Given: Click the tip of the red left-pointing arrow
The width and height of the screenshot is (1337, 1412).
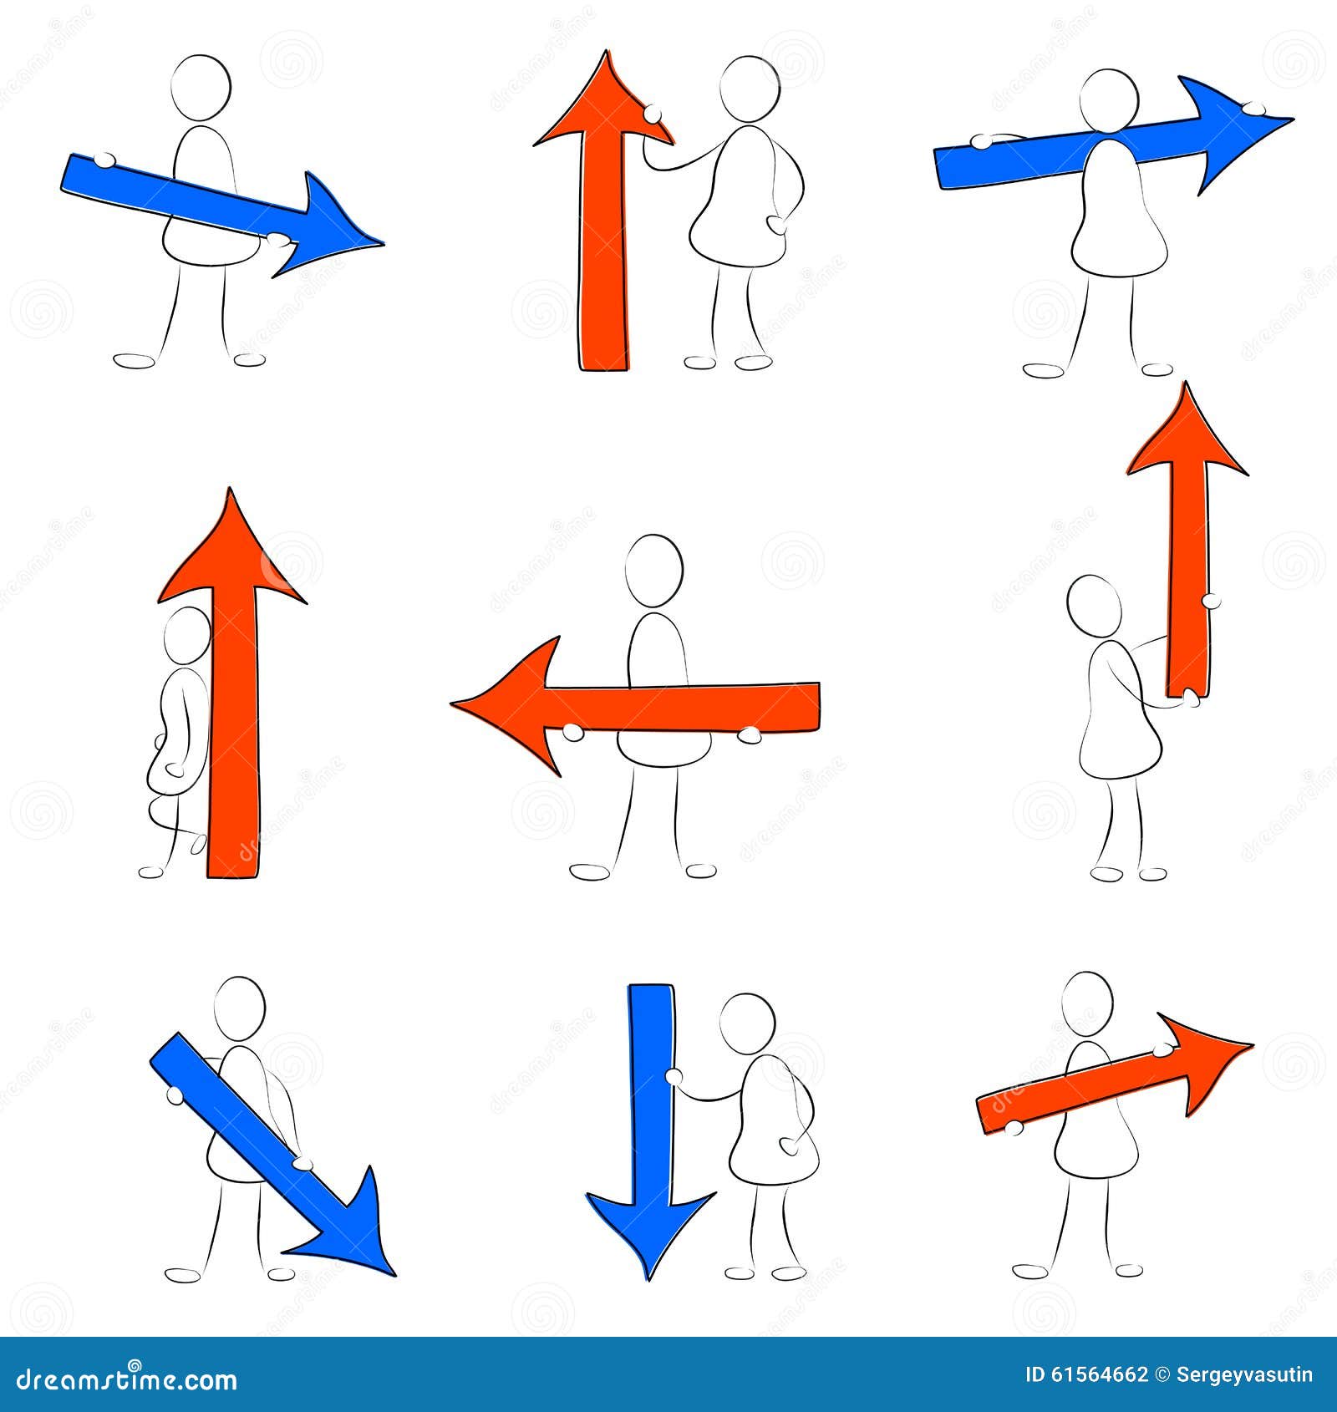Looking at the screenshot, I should coord(453,704).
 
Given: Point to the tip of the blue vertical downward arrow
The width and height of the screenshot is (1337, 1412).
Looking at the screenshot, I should coord(649,1278).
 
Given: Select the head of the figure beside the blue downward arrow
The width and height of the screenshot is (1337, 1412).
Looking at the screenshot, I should coord(747,1023).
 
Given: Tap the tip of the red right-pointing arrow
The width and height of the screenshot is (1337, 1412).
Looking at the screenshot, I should coord(1252,1044).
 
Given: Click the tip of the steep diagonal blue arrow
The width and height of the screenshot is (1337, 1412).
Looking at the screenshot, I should coord(394,1275).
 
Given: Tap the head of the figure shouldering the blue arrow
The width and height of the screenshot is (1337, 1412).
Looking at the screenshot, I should coord(1108,98).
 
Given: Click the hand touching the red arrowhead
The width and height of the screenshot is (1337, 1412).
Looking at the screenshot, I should coord(653,112).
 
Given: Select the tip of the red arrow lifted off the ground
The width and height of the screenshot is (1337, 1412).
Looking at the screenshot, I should coord(1186,384).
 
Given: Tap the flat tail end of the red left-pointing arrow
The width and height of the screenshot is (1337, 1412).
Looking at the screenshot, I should coord(817,707).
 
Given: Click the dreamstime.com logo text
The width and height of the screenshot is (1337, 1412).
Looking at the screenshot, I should coord(128,1379).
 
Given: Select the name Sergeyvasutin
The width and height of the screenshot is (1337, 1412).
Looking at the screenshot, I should coord(1244,1375).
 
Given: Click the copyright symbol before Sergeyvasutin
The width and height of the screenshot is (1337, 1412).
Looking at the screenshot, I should coord(1162,1375).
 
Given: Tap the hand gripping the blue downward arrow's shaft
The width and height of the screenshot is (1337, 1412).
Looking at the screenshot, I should coord(674,1076).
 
